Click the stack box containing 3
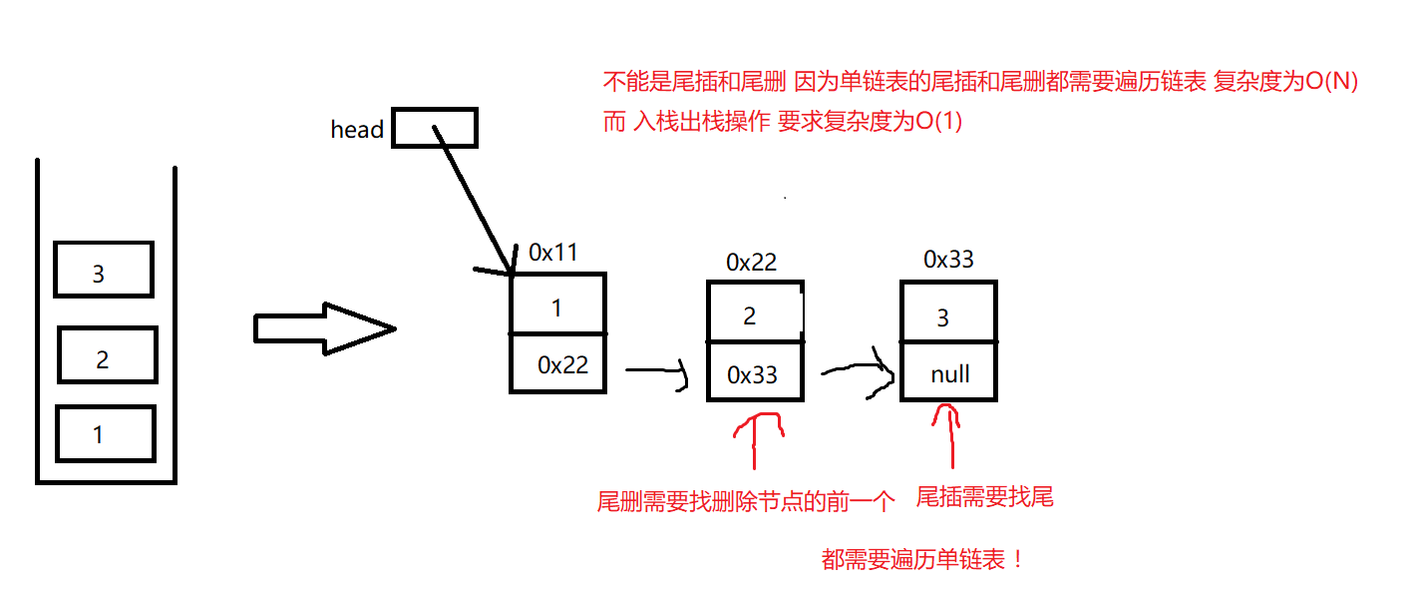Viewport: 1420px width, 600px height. pyautogui.click(x=104, y=270)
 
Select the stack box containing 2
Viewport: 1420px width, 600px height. pyautogui.click(x=107, y=354)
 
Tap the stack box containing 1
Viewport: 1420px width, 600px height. pyautogui.click(x=105, y=432)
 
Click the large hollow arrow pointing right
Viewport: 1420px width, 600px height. pyautogui.click(x=324, y=328)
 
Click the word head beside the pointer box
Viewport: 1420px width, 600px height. pyautogui.click(x=357, y=130)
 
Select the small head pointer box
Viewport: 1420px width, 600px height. pyautogui.click(x=434, y=128)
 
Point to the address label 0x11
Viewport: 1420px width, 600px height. pyautogui.click(x=552, y=253)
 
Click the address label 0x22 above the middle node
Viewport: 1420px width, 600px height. pyautogui.click(x=751, y=263)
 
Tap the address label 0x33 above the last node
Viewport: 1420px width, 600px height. pyautogui.click(x=948, y=260)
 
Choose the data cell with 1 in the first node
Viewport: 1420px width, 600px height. pyautogui.click(x=557, y=304)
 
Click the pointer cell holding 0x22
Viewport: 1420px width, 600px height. pyautogui.click(x=558, y=363)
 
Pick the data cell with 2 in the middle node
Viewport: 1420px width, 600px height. pyautogui.click(x=754, y=313)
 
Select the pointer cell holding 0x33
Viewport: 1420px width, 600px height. pyautogui.click(x=754, y=373)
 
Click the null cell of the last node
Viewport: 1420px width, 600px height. pyautogui.click(x=948, y=374)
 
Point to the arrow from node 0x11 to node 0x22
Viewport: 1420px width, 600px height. pyautogui.click(x=656, y=371)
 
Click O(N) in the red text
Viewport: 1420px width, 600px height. pyautogui.click(x=1332, y=83)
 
